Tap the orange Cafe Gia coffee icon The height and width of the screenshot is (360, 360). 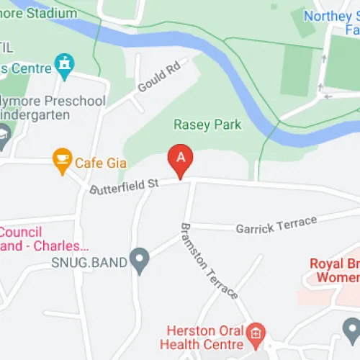(x=63, y=160)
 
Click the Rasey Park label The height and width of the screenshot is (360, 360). (x=207, y=125)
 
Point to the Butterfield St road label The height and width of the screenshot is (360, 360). (x=124, y=186)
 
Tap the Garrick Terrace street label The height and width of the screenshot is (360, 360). (x=276, y=225)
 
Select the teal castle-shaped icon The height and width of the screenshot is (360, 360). (x=64, y=66)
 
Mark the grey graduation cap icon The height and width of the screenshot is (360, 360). (x=3, y=135)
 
